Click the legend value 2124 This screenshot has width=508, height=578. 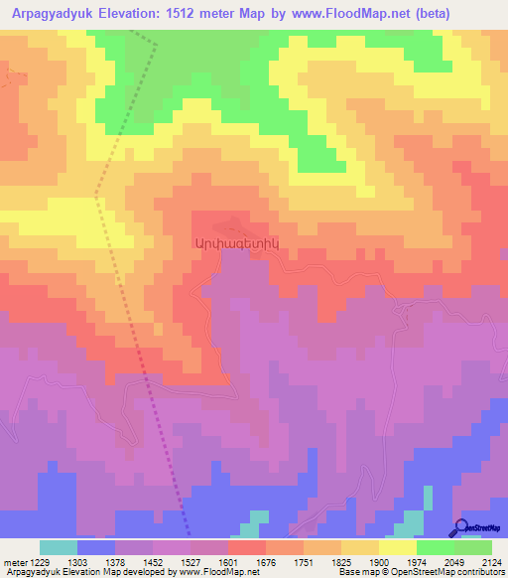coord(491,563)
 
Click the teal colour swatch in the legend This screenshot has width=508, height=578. coord(59,547)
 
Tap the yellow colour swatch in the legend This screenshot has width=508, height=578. coord(397,547)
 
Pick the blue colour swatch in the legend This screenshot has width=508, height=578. coord(96,547)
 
